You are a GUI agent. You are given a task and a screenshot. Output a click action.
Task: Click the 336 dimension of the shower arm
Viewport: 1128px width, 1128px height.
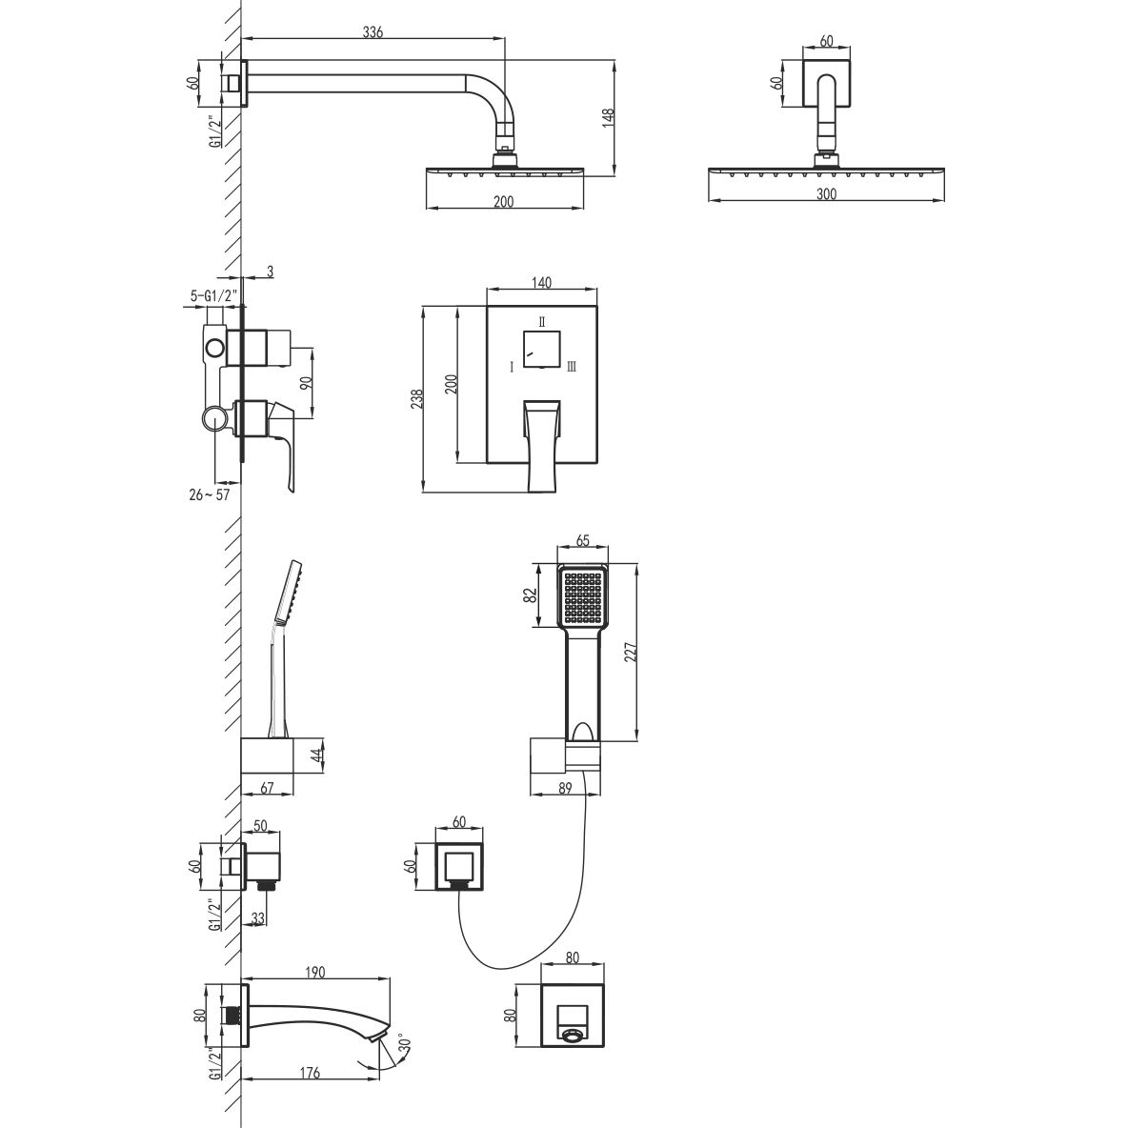pos(373,31)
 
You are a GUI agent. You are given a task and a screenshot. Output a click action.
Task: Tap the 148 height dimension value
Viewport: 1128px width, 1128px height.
pos(608,118)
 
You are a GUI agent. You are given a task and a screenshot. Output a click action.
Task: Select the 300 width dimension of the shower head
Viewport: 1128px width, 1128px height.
pos(827,193)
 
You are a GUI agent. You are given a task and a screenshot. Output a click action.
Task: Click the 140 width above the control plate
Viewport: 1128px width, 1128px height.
pos(542,283)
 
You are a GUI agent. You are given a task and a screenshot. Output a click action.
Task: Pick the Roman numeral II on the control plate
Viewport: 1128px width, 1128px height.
pos(542,322)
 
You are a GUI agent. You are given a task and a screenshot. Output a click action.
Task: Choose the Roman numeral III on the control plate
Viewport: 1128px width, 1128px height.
pos(572,368)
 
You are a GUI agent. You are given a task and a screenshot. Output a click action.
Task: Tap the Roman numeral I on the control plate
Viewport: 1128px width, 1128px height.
pos(512,368)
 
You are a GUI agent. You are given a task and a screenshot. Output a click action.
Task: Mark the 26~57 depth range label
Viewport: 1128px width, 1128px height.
pos(210,494)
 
